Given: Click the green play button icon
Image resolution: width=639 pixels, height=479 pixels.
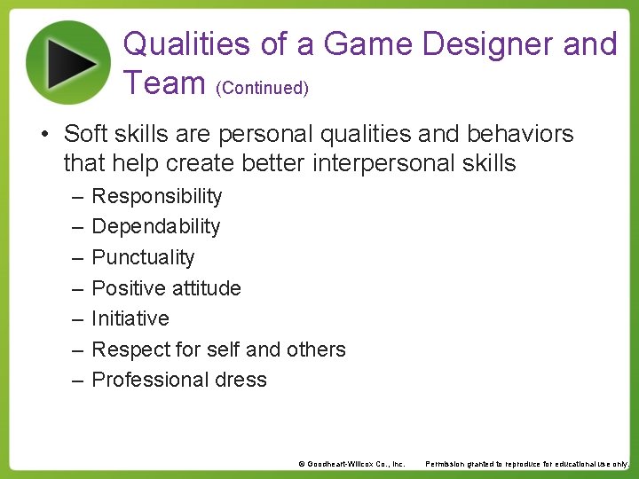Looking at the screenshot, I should click(68, 62).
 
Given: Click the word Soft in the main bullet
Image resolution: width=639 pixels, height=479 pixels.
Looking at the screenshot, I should click(84, 134).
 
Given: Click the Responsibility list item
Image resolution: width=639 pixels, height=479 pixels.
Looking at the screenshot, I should click(157, 196).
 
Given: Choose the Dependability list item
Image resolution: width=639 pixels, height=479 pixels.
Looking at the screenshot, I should click(155, 226).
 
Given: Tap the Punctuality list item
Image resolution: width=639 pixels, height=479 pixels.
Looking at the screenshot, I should click(143, 257).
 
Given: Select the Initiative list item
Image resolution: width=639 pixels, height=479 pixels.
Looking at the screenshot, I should click(130, 318).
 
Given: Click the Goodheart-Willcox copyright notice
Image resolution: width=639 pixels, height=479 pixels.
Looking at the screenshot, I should click(351, 464).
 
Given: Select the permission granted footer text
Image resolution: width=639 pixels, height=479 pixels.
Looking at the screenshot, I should click(527, 464).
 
